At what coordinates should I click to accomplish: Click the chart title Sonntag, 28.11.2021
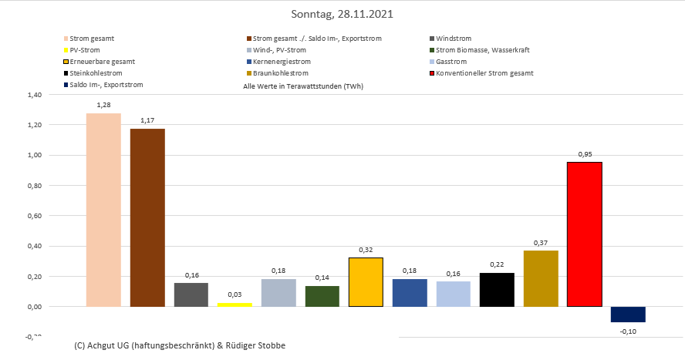342,14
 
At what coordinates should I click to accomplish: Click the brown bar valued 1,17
147,217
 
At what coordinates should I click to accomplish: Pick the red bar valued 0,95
584,234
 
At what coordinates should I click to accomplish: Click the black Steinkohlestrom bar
497,290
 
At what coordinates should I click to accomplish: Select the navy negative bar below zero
628,315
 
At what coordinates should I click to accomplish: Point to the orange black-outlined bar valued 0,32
366,282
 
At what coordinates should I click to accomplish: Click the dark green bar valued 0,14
322,296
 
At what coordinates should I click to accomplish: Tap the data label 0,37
540,242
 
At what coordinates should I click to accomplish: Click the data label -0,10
628,331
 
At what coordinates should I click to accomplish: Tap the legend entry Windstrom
453,38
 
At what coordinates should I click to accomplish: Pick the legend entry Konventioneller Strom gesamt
484,73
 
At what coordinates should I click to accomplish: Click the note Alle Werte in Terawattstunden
303,86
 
